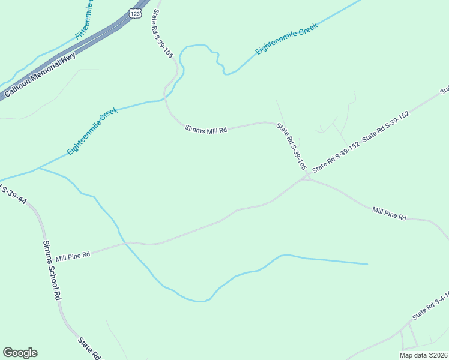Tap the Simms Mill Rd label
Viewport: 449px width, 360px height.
pyautogui.click(x=206, y=129)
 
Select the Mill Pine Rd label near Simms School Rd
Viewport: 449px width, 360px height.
pyautogui.click(x=73, y=256)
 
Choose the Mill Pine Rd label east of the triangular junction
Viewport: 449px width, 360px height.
pyautogui.click(x=389, y=214)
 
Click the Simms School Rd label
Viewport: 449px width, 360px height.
pyautogui.click(x=52, y=271)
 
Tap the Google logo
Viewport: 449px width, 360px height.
pyautogui.click(x=20, y=353)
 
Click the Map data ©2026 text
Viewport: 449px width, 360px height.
pyautogui.click(x=423, y=355)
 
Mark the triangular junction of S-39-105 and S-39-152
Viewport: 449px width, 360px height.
pyautogui.click(x=306, y=177)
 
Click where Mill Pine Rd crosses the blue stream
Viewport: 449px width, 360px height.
pyautogui.click(x=125, y=243)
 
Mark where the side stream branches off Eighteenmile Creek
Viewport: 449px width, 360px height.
pyautogui.click(x=38, y=169)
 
